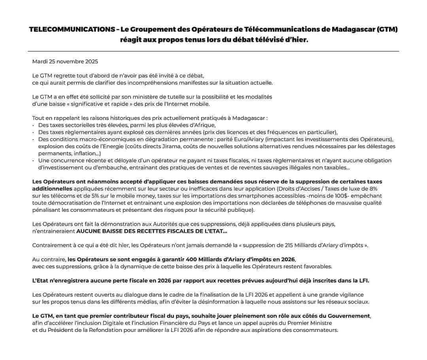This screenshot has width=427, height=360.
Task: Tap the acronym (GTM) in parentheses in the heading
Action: click(387, 30)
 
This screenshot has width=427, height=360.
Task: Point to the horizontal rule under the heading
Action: click(213, 51)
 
